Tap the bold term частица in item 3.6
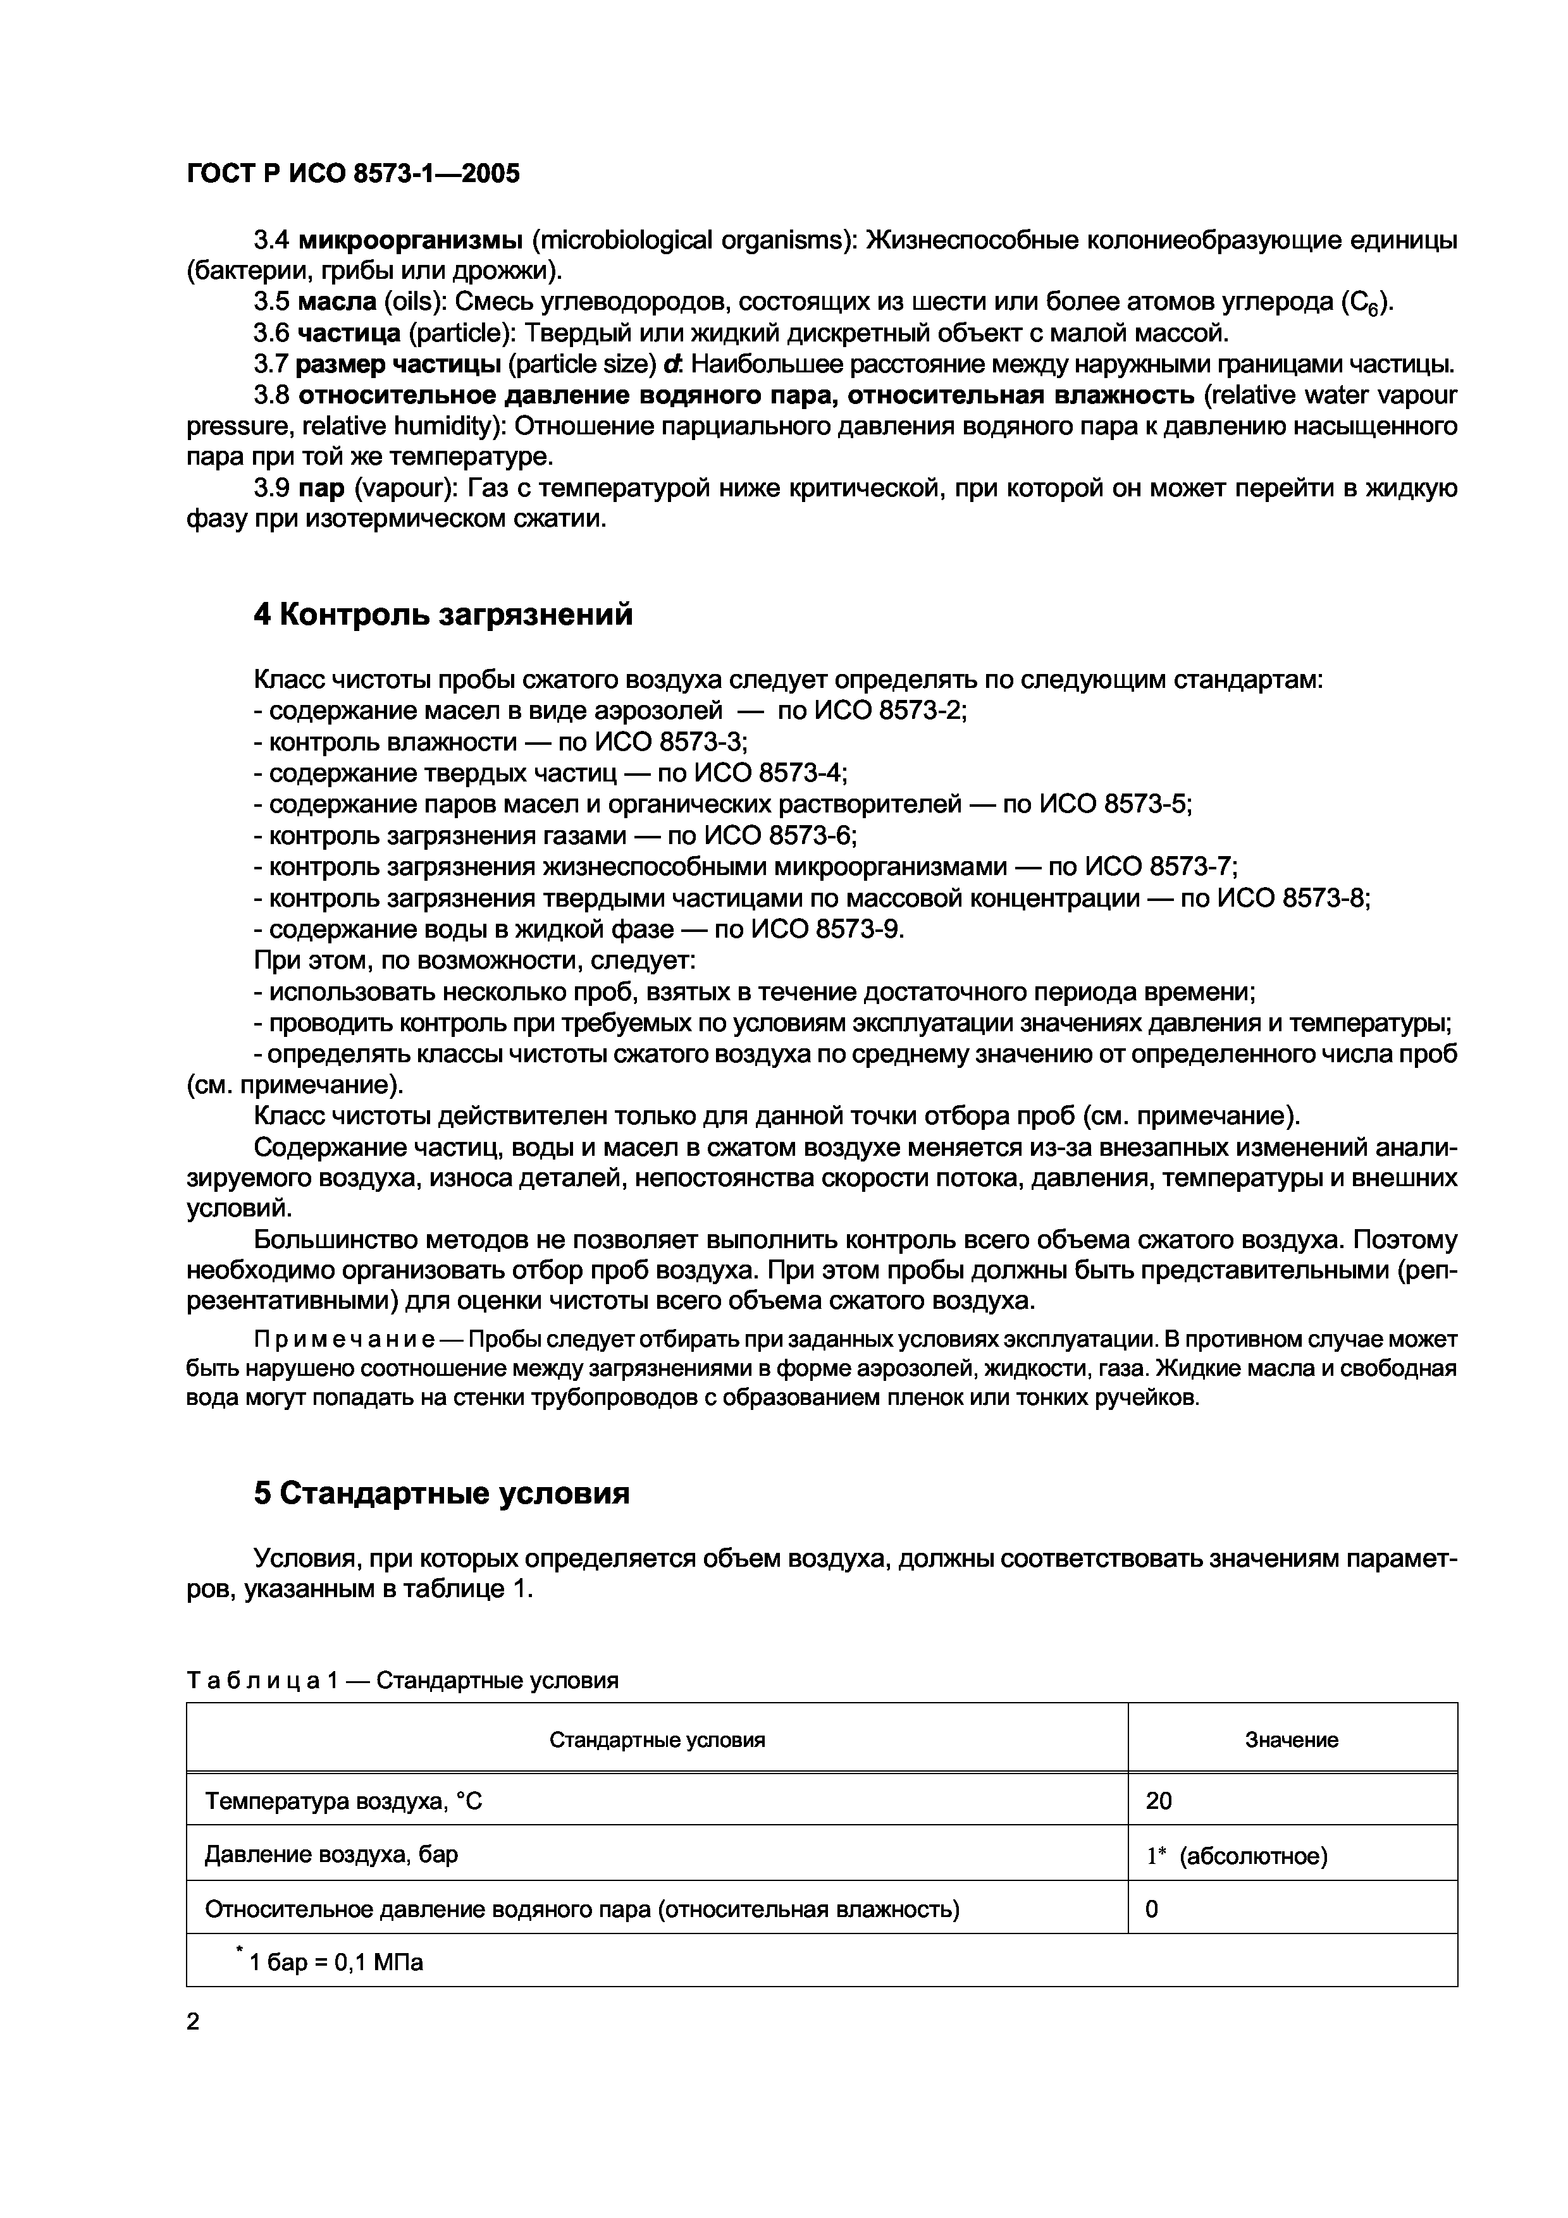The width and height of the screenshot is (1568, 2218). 349,334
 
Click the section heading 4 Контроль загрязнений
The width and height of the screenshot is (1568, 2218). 443,615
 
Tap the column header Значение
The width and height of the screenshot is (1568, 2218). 1291,1741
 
